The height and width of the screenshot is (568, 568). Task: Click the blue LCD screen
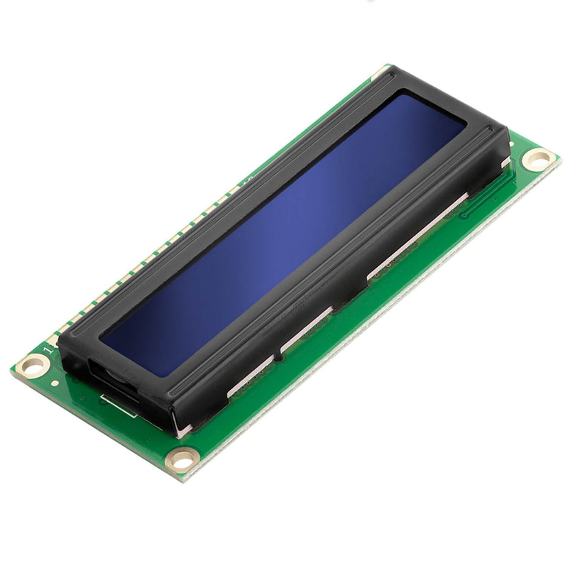click(284, 234)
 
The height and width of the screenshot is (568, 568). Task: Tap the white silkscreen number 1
click(48, 350)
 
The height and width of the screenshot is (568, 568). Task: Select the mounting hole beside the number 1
click(33, 366)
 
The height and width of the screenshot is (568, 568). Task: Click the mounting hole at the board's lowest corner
click(181, 460)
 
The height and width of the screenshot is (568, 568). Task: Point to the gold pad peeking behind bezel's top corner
click(384, 72)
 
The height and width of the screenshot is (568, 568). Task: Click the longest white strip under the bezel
click(419, 234)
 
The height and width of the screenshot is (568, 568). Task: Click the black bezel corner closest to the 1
click(62, 341)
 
